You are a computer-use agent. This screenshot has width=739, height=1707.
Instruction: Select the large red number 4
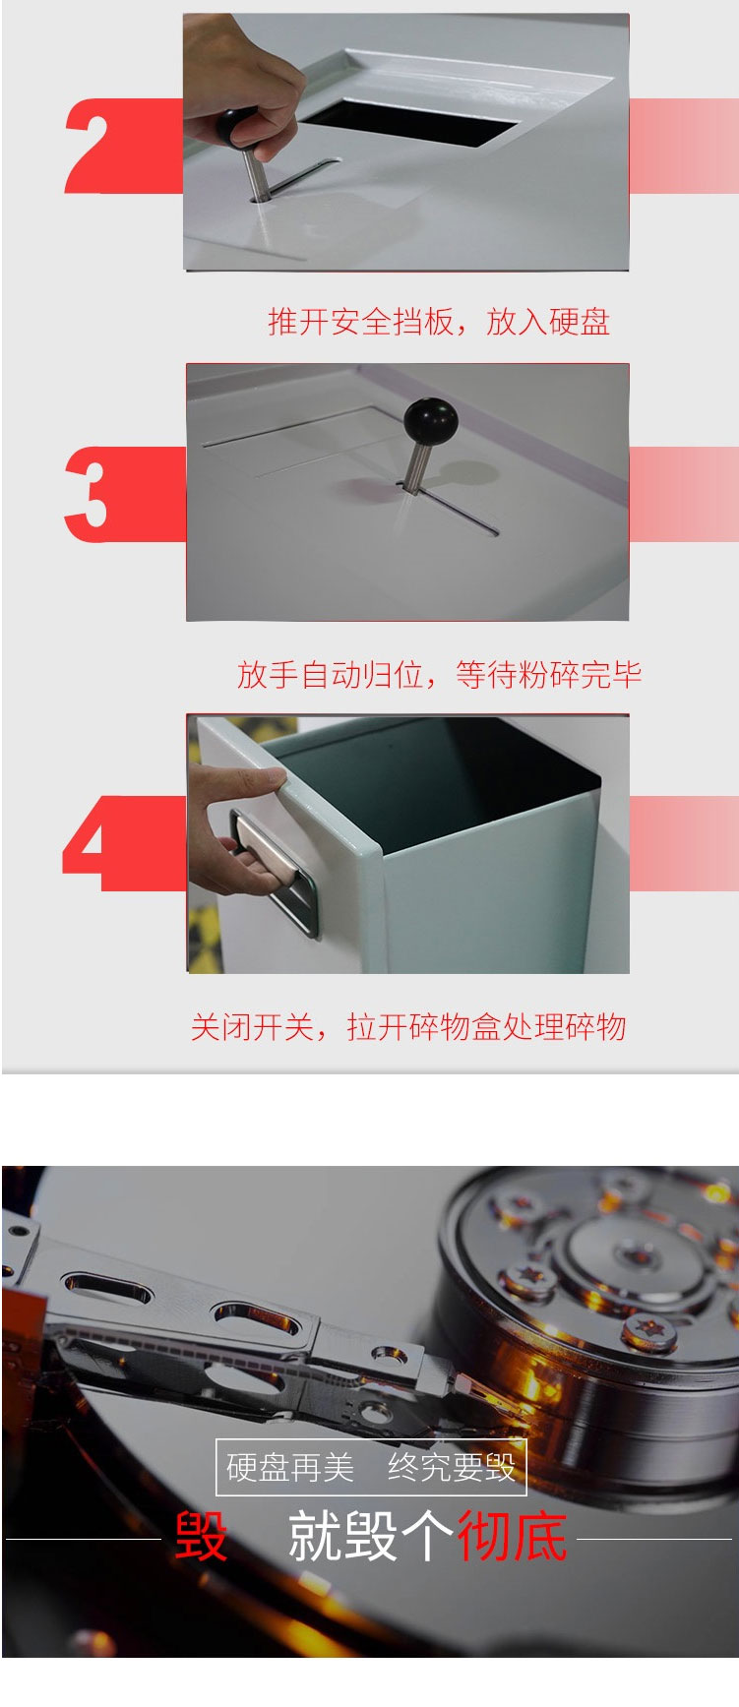[92, 843]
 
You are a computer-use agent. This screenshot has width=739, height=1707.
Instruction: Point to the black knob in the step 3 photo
[430, 422]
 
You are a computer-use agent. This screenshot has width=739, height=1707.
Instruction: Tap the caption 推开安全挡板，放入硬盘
[439, 322]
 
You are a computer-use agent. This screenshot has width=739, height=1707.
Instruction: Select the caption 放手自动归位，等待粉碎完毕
[439, 675]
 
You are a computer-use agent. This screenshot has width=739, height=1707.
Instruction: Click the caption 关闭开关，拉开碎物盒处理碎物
[408, 1027]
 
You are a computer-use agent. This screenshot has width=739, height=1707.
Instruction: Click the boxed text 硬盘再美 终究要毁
[371, 1467]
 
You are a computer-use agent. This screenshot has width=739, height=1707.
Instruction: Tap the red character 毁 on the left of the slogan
[201, 1536]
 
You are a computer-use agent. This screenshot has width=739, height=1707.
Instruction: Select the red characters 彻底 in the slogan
[512, 1536]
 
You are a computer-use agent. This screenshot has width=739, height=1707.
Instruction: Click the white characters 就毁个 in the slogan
[370, 1536]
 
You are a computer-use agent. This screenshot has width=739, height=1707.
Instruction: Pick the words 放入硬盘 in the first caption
[548, 322]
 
